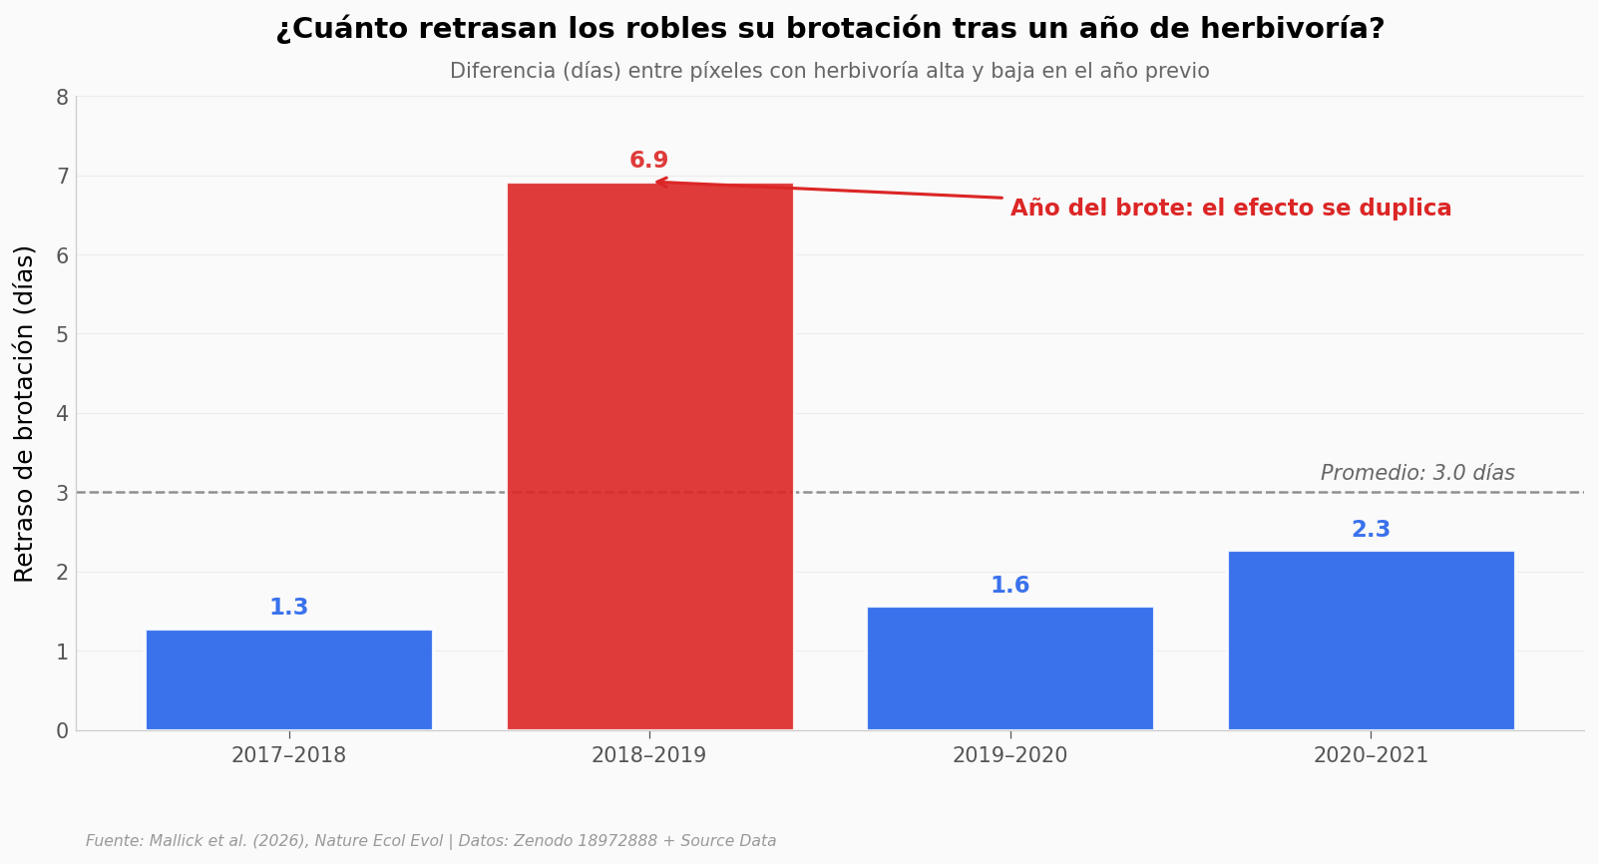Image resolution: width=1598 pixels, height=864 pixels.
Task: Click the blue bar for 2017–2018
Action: click(289, 680)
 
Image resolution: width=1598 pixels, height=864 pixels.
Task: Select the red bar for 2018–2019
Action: click(650, 457)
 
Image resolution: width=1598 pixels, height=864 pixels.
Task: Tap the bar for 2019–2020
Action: click(1010, 668)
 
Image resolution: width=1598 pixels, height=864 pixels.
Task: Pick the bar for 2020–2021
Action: click(1372, 641)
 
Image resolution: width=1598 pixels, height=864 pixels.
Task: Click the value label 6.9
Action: click(649, 160)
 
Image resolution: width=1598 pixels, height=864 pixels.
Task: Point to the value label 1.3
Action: click(289, 608)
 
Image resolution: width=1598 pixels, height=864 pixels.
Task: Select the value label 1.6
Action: click(1010, 585)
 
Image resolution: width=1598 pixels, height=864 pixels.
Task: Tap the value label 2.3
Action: click(1372, 530)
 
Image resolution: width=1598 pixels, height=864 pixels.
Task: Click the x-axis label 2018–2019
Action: click(649, 755)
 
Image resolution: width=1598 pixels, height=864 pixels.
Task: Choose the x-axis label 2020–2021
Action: click(1372, 755)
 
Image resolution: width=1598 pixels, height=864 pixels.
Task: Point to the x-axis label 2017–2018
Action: click(289, 755)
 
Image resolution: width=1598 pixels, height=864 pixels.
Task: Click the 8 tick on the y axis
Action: click(63, 98)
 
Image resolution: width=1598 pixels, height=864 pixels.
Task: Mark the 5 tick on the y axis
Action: click(63, 334)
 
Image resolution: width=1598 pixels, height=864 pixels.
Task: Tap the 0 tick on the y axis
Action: click(63, 730)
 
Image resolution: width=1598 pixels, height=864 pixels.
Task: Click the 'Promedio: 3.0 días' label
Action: click(1417, 473)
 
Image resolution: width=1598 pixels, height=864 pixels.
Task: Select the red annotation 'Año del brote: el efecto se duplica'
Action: click(1231, 208)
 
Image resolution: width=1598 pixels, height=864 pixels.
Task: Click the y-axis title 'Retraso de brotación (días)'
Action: click(24, 414)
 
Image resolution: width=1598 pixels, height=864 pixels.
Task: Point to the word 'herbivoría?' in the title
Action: click(1293, 29)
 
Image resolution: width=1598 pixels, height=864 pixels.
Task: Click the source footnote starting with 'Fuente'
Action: click(431, 840)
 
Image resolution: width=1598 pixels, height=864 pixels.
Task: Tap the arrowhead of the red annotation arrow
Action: click(657, 182)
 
